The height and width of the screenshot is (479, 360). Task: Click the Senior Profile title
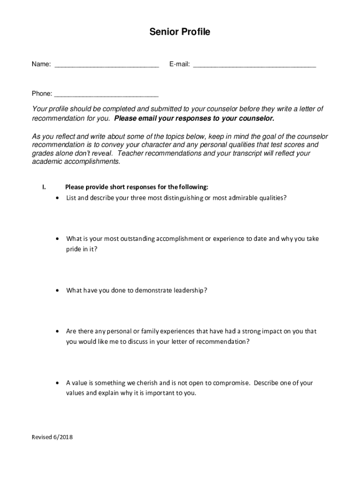(180, 32)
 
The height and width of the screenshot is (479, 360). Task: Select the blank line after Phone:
(107, 95)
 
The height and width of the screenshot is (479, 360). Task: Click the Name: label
(41, 65)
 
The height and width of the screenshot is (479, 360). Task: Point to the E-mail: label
(180, 65)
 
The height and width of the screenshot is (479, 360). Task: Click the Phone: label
(42, 94)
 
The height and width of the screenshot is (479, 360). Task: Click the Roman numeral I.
(43, 188)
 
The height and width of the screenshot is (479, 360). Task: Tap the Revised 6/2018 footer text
(52, 437)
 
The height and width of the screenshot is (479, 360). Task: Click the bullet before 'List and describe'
(57, 198)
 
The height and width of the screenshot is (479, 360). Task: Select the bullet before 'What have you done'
(57, 290)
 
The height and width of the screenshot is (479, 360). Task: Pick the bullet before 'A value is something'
(57, 383)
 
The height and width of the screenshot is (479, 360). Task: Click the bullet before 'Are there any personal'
(57, 331)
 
